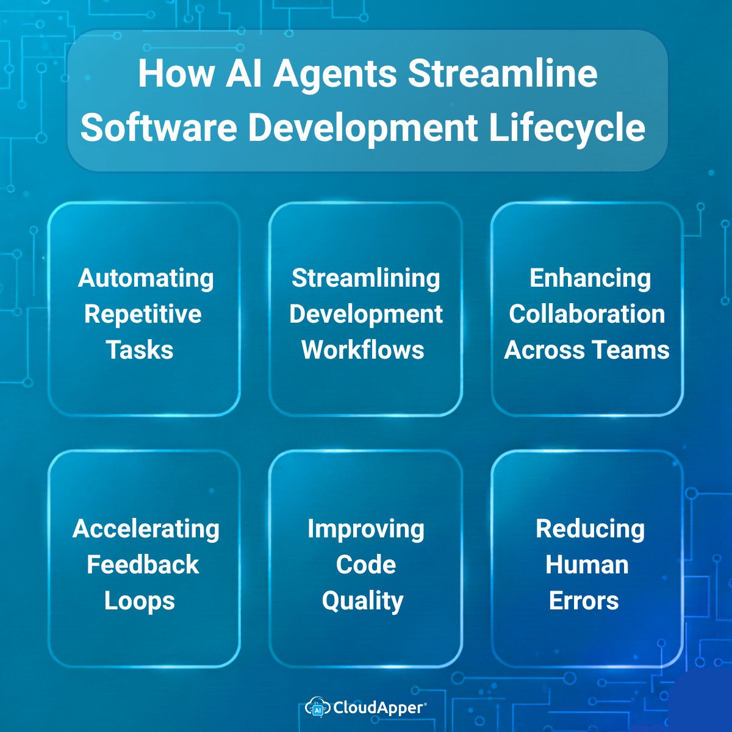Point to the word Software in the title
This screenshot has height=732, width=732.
pos(159,127)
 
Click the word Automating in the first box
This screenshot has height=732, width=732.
pos(146,278)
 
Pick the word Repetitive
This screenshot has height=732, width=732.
pos(143,314)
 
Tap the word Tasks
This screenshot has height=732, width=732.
pos(140,350)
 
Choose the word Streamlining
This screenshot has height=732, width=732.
pos(365,278)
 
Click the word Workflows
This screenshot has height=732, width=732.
pos(363,350)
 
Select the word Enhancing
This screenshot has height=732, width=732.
pos(590,278)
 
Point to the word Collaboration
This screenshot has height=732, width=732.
pos(587,314)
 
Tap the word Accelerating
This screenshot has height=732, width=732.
pos(146,529)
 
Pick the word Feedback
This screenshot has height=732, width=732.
pos(143,565)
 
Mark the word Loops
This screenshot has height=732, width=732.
pos(140,601)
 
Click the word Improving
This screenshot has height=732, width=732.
pos(365,529)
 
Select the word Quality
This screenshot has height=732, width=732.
pos(363,601)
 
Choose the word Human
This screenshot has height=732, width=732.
pos(587,565)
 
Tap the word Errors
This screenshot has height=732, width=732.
pos(584,601)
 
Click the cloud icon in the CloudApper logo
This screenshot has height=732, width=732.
pos(317,707)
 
